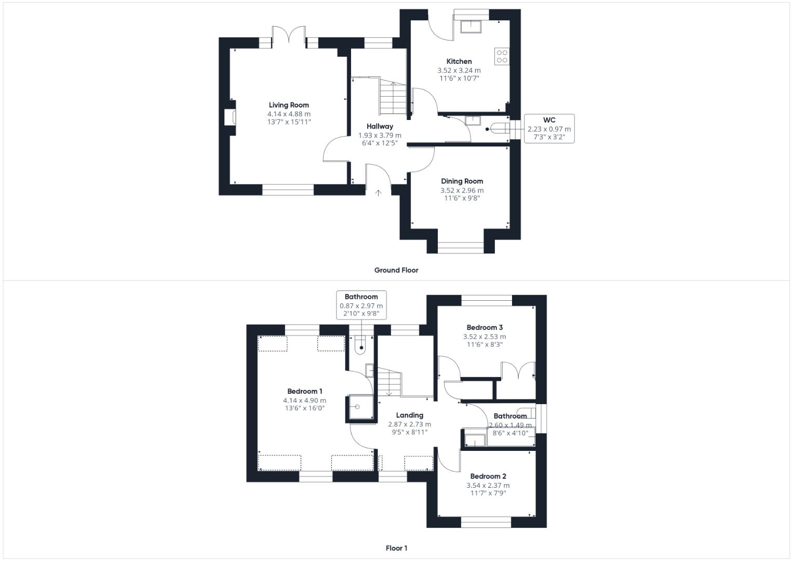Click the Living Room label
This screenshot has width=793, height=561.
[x=289, y=105]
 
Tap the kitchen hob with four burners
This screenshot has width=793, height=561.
[x=502, y=56]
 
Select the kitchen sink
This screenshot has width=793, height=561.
[x=471, y=27]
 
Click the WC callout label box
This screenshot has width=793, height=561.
[x=549, y=129]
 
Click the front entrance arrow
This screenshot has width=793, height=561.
[x=379, y=193]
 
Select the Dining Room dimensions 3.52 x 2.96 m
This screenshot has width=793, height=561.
[x=462, y=190]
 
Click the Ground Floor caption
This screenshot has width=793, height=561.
[x=396, y=270]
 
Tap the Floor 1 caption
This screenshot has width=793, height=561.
[x=396, y=548]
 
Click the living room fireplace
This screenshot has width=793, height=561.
[x=230, y=117]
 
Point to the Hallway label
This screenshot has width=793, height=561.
[x=380, y=126]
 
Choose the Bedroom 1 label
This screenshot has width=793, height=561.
[x=304, y=391]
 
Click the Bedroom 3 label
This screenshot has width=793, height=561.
[x=485, y=328]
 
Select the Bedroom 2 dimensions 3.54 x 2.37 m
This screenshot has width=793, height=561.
[x=488, y=486]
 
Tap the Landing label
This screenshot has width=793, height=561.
[x=410, y=415]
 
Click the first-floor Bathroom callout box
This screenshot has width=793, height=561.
[x=361, y=305]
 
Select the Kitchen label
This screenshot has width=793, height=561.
[x=459, y=61]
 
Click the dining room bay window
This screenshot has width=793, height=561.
[x=461, y=248]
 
